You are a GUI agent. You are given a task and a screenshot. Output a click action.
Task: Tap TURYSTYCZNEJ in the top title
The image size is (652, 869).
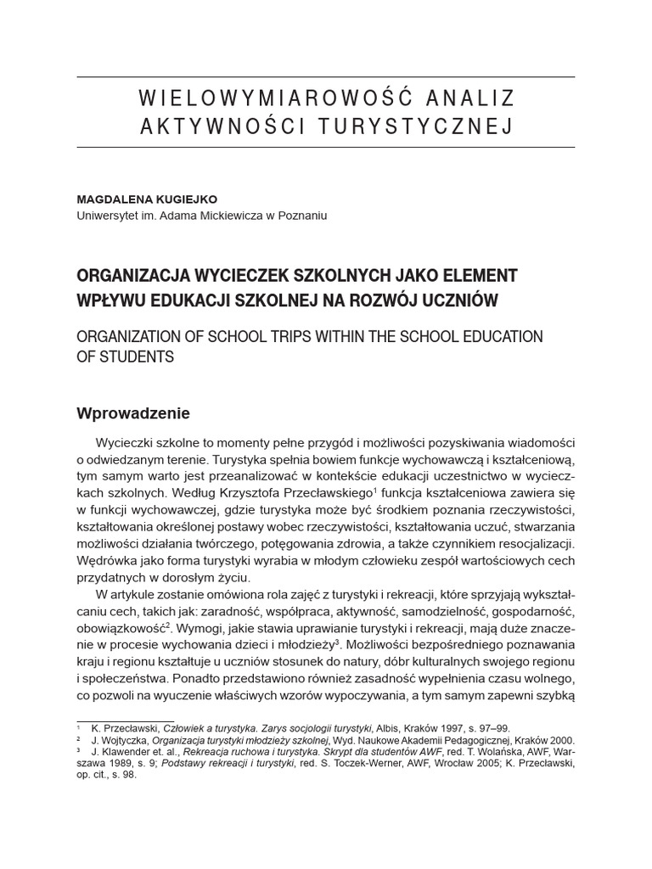(416, 127)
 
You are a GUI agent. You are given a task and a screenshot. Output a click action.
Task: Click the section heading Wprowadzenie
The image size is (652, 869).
(133, 413)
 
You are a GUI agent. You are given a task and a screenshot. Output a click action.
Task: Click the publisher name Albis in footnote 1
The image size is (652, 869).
(389, 728)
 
